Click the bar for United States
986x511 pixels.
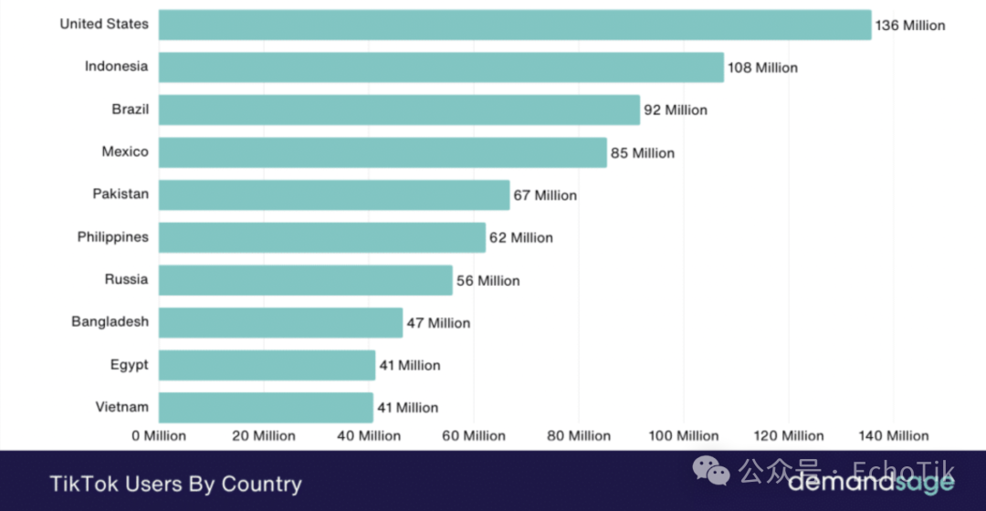[515, 25]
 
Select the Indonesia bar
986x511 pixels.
[441, 68]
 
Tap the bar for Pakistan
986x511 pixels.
[334, 195]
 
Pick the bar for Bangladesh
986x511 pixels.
[280, 323]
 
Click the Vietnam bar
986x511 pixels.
[266, 408]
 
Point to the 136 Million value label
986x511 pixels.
[910, 26]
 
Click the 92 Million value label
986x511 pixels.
[676, 110]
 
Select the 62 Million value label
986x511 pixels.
[521, 238]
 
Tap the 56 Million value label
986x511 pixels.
[488, 281]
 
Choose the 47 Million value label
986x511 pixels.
[439, 323]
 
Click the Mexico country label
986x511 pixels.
[125, 151]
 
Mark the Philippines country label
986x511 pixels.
[112, 237]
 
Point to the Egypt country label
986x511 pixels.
[130, 365]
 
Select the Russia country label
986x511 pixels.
[126, 279]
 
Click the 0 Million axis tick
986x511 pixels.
[159, 436]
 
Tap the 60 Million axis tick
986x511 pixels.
[474, 436]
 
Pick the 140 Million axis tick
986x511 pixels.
[895, 436]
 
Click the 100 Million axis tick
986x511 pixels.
[685, 436]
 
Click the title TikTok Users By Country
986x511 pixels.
[175, 484]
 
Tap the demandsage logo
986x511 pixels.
[871, 480]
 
